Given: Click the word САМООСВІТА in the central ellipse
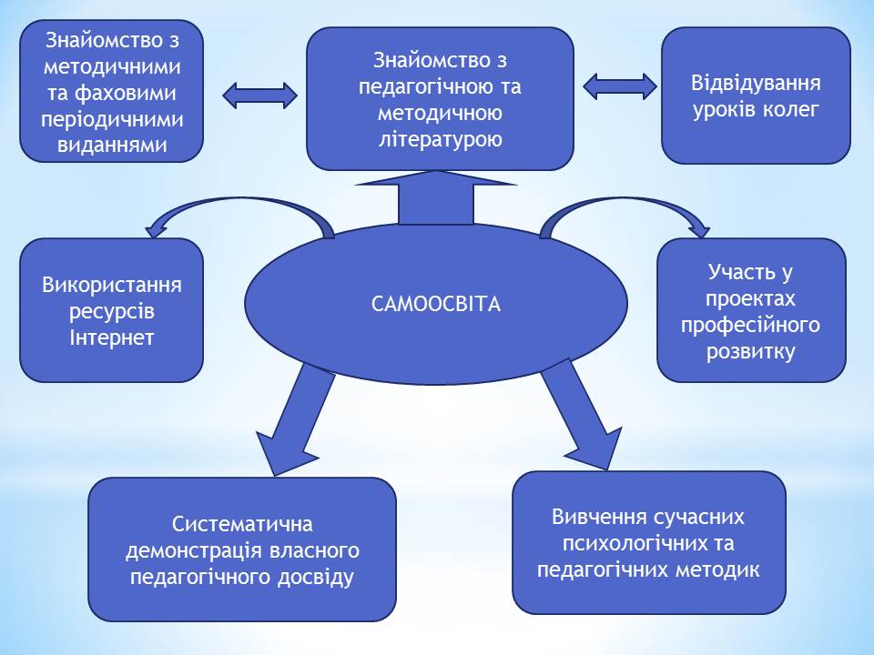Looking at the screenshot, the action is pyautogui.click(x=436, y=304).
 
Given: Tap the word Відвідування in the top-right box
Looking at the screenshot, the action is pyautogui.click(x=756, y=83).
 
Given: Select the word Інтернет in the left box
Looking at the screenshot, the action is pyautogui.click(x=111, y=338).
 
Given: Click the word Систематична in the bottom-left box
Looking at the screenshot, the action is pyautogui.click(x=242, y=524).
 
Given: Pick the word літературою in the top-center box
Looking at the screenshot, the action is pyautogui.click(x=441, y=139).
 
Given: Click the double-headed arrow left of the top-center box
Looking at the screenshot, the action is pyautogui.click(x=260, y=96).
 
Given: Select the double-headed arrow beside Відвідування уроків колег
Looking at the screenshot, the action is pyautogui.click(x=620, y=86).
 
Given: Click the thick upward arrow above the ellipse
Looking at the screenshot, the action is pyautogui.click(x=436, y=197).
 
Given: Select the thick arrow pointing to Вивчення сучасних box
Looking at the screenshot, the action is pyautogui.click(x=582, y=415).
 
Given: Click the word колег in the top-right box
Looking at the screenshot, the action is pyautogui.click(x=790, y=109).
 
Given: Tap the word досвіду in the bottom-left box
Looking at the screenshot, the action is pyautogui.click(x=316, y=578).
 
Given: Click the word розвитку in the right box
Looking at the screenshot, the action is pyautogui.click(x=751, y=352).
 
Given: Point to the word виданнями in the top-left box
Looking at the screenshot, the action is pyautogui.click(x=112, y=145).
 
